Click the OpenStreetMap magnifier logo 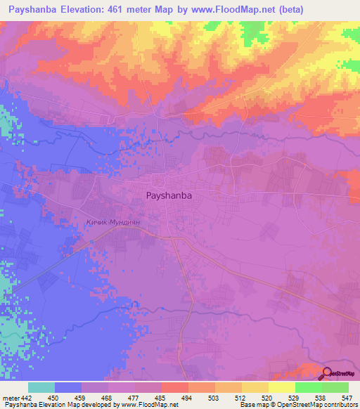point(327,373)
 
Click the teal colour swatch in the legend point(41,387)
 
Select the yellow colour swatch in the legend point(281,387)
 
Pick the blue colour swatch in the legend point(68,387)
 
